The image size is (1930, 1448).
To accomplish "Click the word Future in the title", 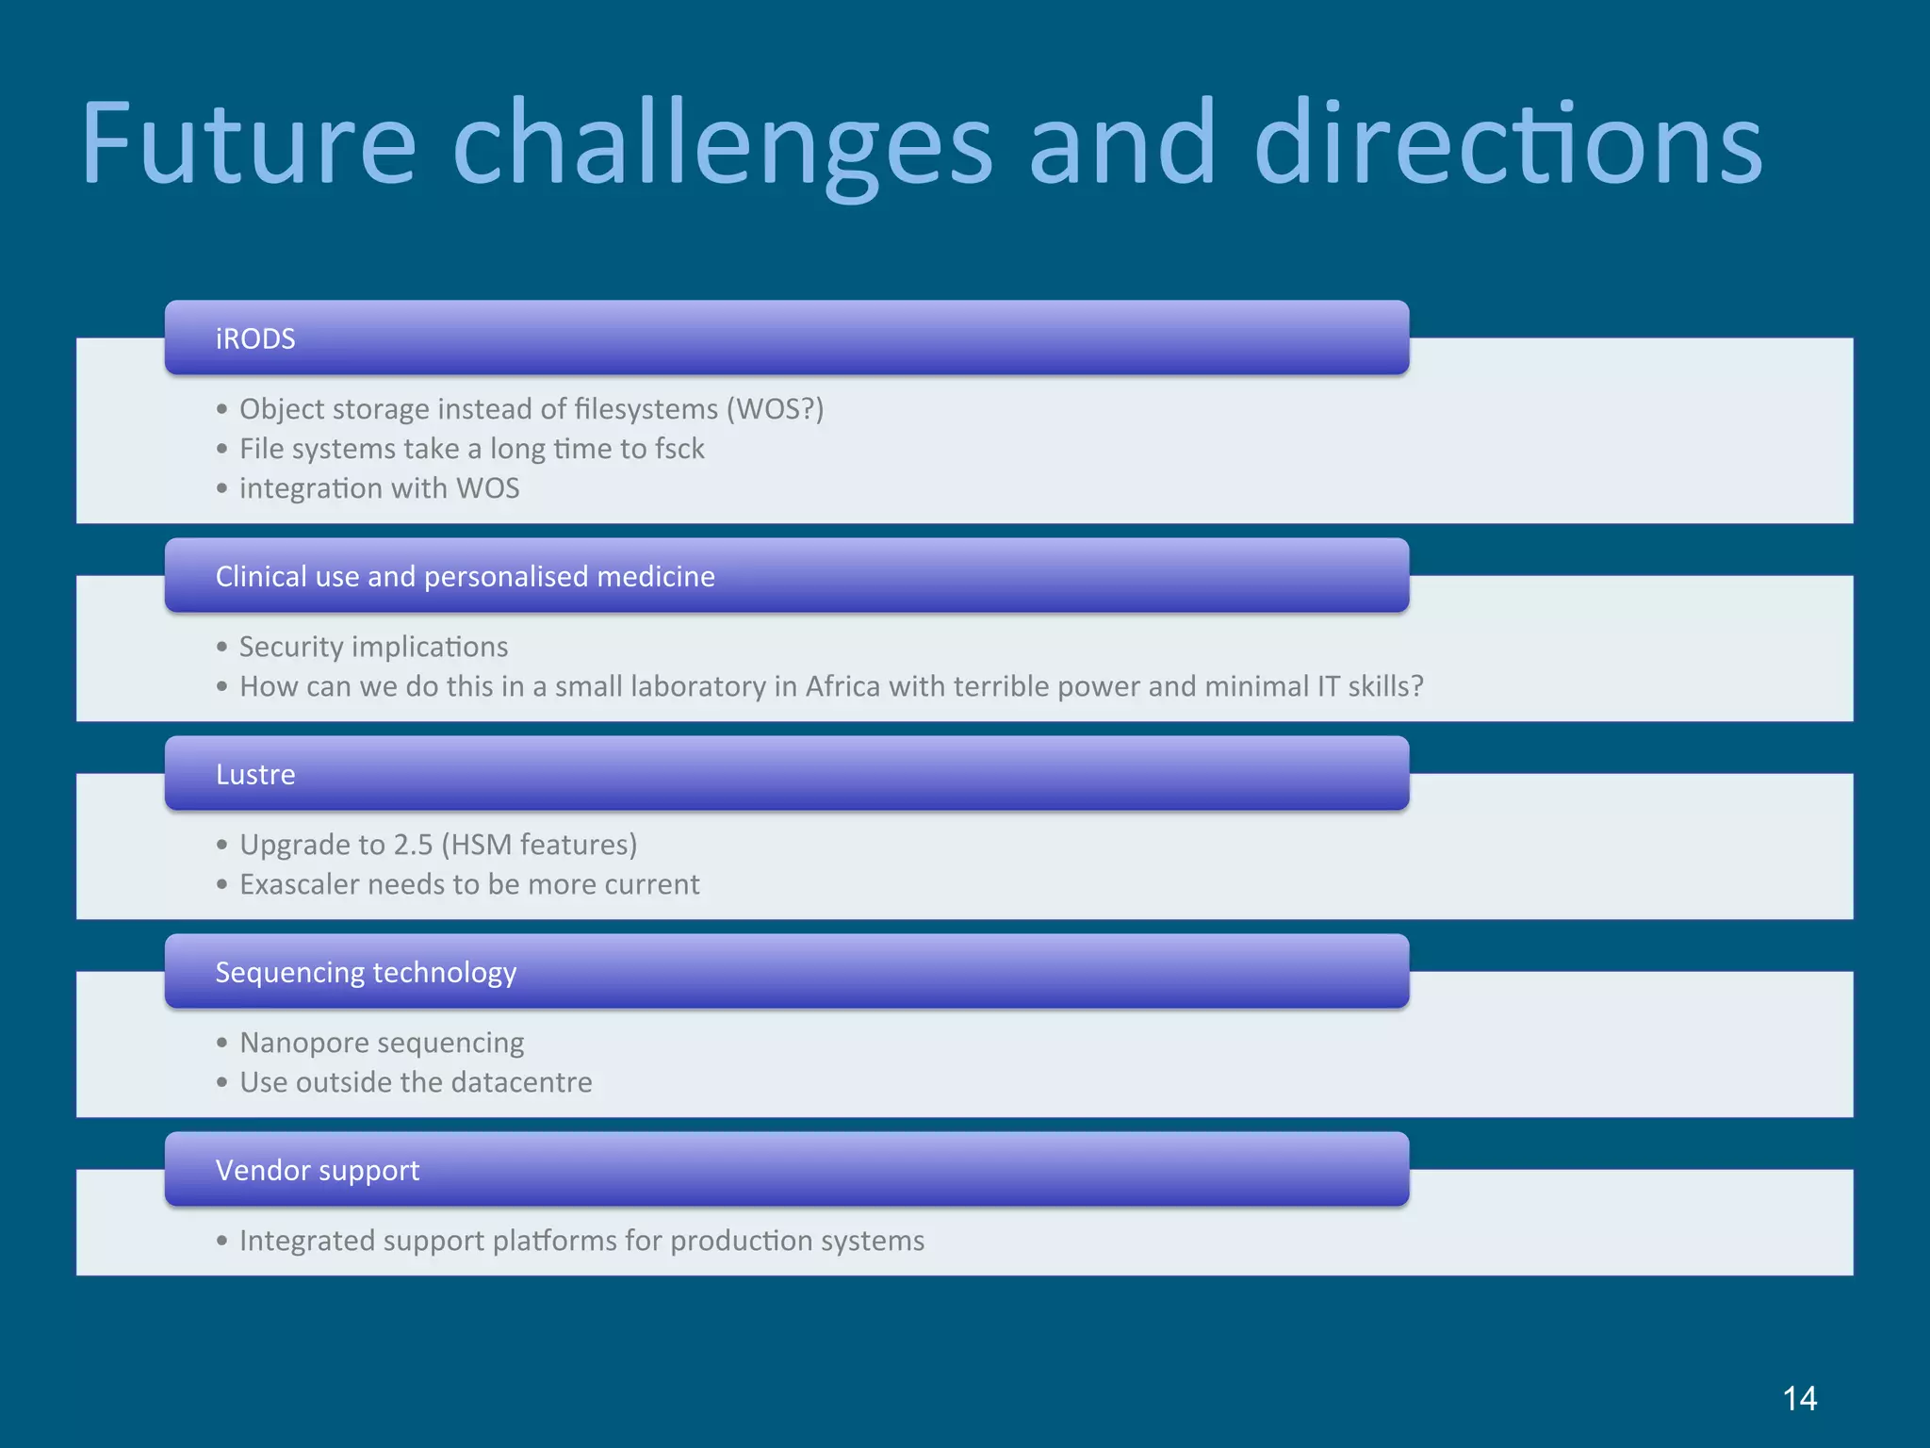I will (x=248, y=143).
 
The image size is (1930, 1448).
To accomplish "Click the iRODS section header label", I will (x=255, y=338).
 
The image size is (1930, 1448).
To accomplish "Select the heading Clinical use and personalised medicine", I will (x=465, y=576).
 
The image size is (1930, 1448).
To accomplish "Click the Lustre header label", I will (x=255, y=774).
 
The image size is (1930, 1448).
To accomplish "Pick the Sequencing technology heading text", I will (x=366, y=972).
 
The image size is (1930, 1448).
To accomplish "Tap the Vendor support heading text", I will (x=317, y=1170).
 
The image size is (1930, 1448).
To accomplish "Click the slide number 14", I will (x=1799, y=1398).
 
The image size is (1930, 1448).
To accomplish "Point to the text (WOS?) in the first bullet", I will (x=774, y=409).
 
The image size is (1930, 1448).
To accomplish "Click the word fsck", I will (x=679, y=449).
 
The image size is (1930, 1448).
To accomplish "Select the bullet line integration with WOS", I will (x=379, y=488).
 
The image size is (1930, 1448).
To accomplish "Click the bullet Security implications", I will (x=373, y=647).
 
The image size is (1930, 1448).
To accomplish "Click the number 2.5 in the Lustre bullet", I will (x=412, y=845).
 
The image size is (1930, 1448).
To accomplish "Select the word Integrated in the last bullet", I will (x=304, y=1241).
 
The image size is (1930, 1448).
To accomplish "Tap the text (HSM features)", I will (x=538, y=845).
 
